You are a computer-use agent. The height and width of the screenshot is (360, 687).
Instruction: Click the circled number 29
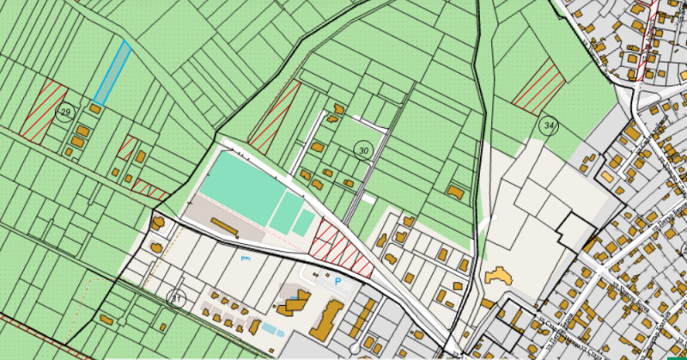pyautogui.click(x=64, y=113)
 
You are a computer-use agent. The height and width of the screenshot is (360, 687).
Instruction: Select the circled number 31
pyautogui.click(x=177, y=299)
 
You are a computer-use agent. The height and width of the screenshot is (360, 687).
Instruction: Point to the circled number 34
pyautogui.click(x=548, y=125)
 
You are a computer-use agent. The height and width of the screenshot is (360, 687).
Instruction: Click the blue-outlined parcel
pyautogui.click(x=112, y=73)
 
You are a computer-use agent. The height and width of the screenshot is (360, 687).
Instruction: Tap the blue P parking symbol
pyautogui.click(x=337, y=281)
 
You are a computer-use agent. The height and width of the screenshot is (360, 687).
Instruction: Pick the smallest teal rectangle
pyautogui.click(x=304, y=223)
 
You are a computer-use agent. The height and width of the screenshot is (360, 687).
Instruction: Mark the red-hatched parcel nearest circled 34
pyautogui.click(x=538, y=87)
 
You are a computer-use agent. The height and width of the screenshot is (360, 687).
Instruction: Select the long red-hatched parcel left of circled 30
pyautogui.click(x=274, y=116)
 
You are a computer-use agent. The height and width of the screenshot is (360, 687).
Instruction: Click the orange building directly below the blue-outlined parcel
pyautogui.click(x=98, y=110)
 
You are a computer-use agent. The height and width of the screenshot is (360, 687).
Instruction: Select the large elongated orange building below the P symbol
pyautogui.click(x=325, y=320)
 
